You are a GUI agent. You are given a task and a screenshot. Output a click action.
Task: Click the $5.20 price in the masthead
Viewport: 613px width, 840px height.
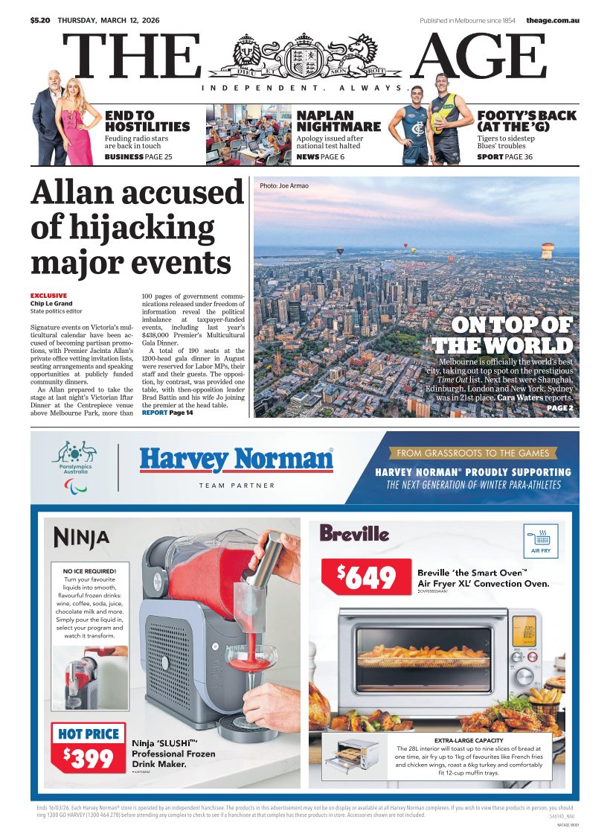pos(40,19)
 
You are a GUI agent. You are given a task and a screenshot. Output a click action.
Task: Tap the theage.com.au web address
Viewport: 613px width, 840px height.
pos(552,19)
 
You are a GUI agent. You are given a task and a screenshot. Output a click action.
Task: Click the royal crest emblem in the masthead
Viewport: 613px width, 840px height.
pos(307,57)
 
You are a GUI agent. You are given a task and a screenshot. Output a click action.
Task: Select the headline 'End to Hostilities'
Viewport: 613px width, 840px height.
pos(147,121)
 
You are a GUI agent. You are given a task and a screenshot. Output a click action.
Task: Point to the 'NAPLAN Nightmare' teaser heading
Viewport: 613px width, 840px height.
pos(338,121)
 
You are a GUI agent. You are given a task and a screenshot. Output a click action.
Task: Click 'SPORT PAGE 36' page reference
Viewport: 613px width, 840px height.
pos(504,157)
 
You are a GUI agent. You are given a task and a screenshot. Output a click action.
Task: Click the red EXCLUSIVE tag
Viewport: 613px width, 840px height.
pos(48,296)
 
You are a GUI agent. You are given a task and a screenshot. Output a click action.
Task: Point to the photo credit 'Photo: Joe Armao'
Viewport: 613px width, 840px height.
pos(284,185)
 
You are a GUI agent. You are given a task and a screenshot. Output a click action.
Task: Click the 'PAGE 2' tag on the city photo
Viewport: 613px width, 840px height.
pos(559,408)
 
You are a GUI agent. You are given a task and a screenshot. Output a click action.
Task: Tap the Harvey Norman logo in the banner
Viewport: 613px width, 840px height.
pos(237,459)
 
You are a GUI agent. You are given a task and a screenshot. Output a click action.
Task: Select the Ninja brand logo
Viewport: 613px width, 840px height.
pos(82,537)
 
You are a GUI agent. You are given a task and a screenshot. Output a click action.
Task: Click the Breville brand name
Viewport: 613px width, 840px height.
pos(354,533)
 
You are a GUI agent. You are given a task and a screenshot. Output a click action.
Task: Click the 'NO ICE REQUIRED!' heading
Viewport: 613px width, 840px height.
pos(89,571)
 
